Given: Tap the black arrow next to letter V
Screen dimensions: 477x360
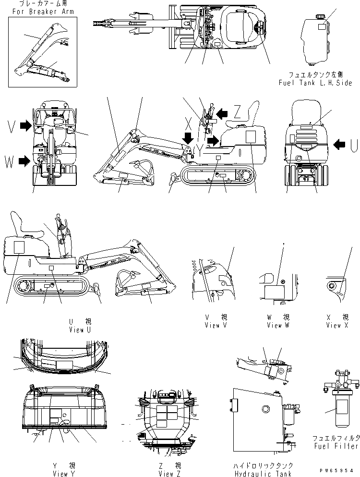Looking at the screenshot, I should tap(25, 126).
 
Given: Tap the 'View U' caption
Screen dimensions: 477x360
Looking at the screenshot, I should tap(80, 330).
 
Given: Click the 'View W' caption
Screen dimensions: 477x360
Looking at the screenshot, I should tap(279, 325).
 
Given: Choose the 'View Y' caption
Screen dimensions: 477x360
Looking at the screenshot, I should tap(64, 474).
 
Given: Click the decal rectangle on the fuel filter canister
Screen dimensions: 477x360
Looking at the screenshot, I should tap(342, 406).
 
